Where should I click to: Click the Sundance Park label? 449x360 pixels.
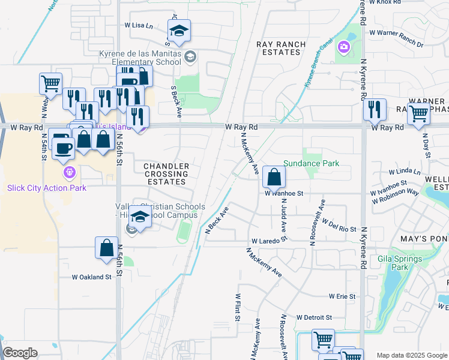311,163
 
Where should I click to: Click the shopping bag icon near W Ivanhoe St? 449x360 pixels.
274,177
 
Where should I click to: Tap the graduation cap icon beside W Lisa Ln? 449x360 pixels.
179,31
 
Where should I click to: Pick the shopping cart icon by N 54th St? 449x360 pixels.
51,83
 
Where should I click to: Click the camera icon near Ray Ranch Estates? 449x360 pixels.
343,46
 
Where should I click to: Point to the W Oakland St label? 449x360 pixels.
92,277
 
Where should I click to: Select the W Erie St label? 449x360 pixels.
342,296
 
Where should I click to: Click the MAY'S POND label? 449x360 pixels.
424,239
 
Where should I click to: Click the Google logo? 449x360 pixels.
20,353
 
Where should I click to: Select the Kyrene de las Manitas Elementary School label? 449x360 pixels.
140,58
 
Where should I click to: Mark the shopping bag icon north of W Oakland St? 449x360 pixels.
106,248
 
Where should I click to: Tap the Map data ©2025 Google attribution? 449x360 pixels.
411,355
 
